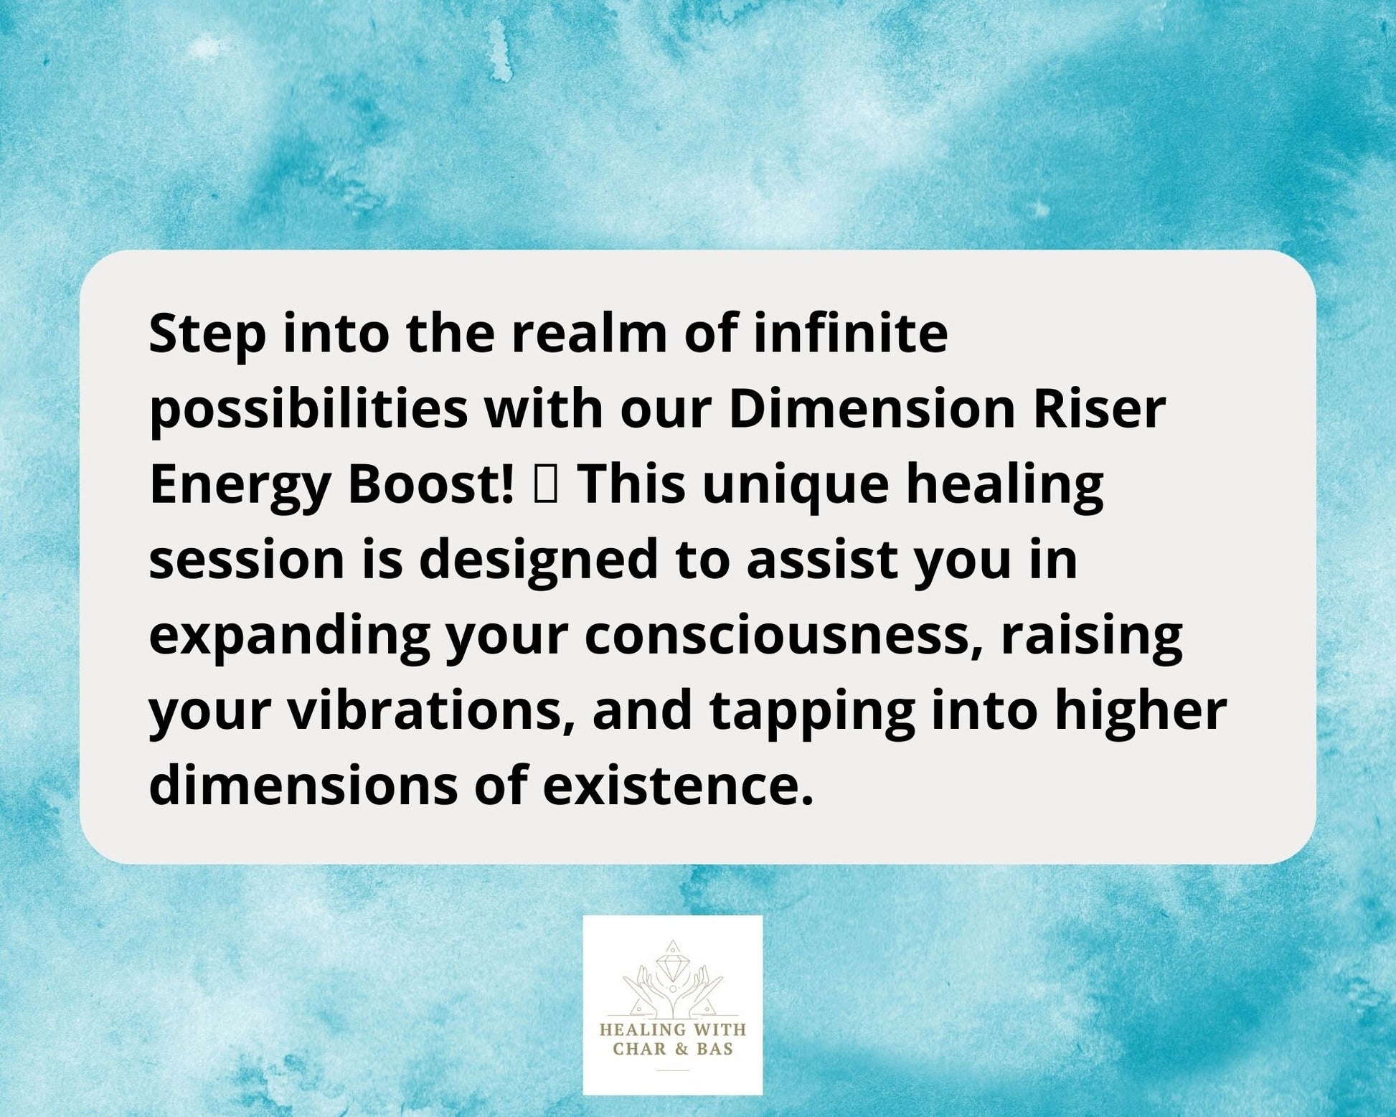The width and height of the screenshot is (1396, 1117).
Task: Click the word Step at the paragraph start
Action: [207, 335]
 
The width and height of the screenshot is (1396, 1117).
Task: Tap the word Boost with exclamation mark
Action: [430, 484]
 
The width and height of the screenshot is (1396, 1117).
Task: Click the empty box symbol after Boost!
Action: [545, 485]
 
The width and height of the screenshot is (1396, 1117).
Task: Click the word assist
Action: [821, 559]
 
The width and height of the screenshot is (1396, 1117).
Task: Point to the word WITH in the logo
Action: [714, 1029]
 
